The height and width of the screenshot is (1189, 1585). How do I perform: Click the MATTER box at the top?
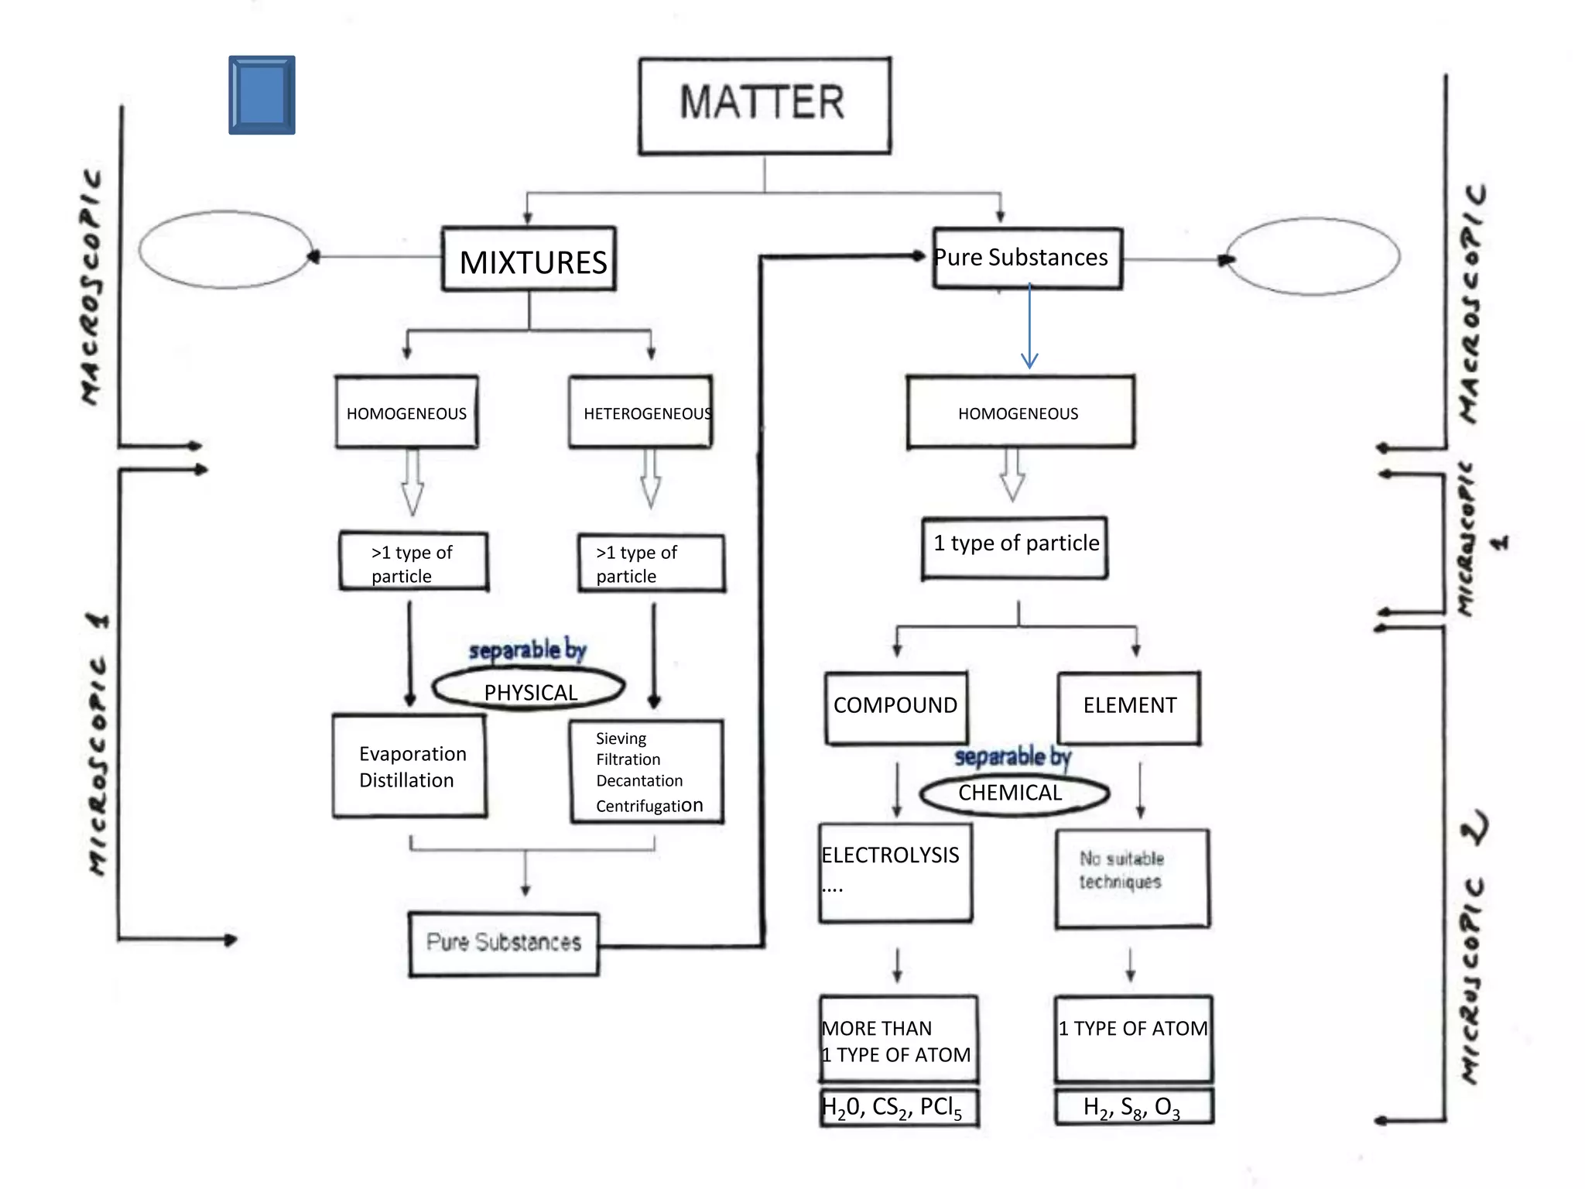764,105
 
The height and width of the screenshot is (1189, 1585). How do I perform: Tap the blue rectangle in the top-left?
262,94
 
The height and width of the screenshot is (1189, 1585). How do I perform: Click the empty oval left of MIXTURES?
225,250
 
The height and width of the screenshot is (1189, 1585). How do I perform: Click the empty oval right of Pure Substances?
1313,256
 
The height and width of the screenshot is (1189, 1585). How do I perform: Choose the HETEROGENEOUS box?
641,413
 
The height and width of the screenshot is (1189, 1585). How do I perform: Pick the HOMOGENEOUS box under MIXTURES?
406,413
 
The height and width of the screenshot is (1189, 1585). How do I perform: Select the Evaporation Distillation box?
409,766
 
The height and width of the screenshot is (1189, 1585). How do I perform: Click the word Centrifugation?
649,806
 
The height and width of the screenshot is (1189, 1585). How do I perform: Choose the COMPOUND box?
895,707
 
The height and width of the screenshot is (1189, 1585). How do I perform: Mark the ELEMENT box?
1129,707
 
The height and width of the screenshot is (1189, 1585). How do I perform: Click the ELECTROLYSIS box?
895,872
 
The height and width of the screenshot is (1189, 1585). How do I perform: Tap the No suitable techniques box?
1131,878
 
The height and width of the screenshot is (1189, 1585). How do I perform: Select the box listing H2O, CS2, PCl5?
899,1108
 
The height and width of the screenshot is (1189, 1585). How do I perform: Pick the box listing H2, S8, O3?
1133,1107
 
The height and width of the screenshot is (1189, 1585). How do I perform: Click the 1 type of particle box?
1015,547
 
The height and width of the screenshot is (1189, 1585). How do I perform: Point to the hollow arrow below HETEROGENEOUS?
651,478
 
